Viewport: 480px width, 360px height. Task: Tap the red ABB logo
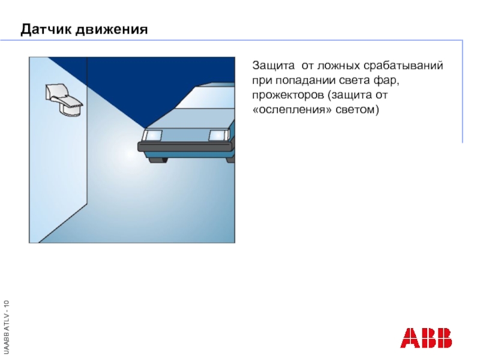point(426,338)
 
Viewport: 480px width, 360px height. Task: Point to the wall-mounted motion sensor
point(64,99)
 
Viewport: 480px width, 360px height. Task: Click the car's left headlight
point(154,136)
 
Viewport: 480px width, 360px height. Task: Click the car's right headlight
point(219,136)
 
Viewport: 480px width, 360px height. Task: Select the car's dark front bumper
point(185,146)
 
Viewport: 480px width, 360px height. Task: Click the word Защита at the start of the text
point(274,66)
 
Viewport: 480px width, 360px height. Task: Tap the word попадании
point(305,80)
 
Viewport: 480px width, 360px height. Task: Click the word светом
point(357,110)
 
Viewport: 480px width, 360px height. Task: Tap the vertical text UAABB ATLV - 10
point(7,326)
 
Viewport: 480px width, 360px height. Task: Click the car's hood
point(189,118)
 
